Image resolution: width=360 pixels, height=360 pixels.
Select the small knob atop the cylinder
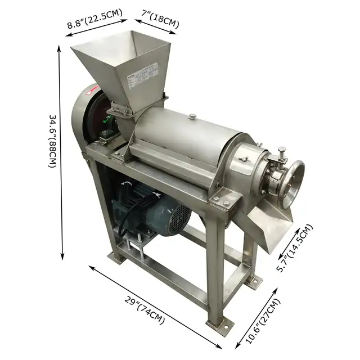click(192, 117)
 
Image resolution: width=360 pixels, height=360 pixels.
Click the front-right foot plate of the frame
click(219, 326)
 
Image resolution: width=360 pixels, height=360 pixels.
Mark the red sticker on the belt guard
click(96, 89)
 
